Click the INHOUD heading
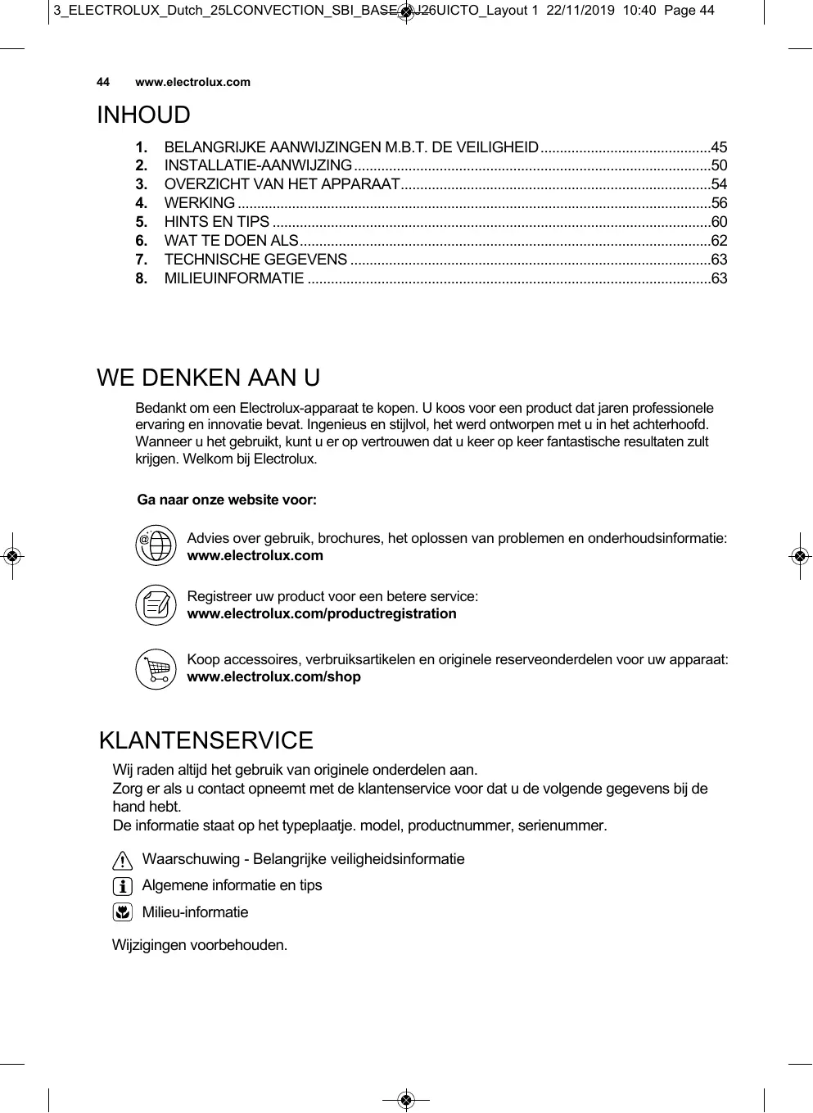(143, 115)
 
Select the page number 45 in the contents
(719, 147)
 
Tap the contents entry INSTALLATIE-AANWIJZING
(258, 166)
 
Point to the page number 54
(719, 184)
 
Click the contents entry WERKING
(200, 203)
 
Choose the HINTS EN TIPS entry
(217, 222)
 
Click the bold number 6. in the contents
(142, 241)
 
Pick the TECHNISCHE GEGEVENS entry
(255, 260)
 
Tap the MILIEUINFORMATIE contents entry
(234, 278)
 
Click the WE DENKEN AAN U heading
(209, 378)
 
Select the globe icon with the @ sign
(156, 545)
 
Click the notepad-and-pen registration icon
(156, 605)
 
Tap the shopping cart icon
(156, 668)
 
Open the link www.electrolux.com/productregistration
(322, 614)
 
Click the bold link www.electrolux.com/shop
(273, 677)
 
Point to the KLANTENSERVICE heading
(206, 741)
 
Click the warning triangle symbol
(122, 861)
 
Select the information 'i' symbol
(122, 886)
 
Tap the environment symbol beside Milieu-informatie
(122, 912)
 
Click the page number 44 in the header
(103, 82)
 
